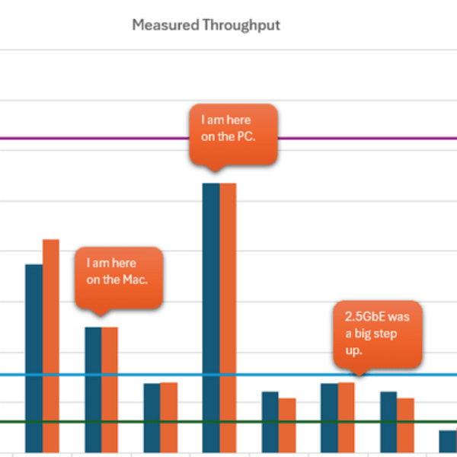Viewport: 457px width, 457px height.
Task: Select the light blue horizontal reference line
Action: point(228,375)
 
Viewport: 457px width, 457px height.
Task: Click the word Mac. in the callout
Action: point(134,280)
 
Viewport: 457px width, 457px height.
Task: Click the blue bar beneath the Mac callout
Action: point(92,388)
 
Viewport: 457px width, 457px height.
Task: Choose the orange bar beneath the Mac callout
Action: point(110,388)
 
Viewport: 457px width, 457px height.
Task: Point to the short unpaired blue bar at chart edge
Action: point(447,441)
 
